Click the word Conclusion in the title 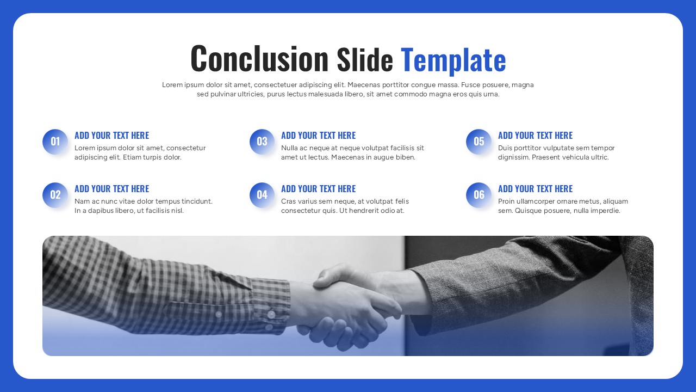259,59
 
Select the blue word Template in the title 453,60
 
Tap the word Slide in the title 364,60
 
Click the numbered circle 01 55,142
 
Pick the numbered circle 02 55,195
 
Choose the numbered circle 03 262,142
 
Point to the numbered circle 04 262,195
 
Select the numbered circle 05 478,142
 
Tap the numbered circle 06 478,195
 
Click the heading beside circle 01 111,136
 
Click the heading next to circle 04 318,189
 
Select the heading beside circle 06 535,189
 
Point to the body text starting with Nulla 352,152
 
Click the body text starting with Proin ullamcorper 563,206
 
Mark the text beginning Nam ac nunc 144,206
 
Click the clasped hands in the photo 348,305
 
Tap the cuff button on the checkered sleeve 270,314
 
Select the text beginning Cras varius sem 345,206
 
